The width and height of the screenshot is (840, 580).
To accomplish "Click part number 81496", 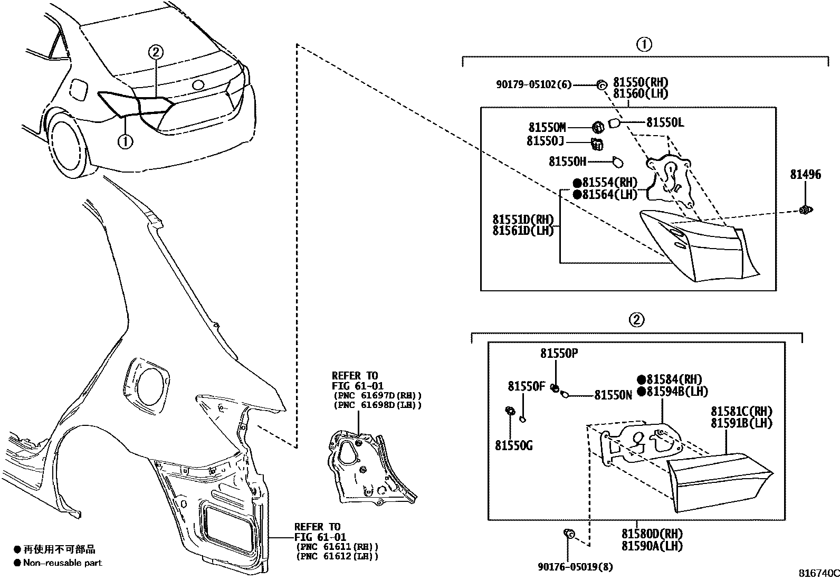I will (805, 174).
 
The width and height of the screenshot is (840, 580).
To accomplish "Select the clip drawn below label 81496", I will (805, 211).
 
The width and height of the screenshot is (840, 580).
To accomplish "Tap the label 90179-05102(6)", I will (533, 84).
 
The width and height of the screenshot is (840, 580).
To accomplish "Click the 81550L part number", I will (665, 122).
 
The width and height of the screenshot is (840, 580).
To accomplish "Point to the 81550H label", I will (567, 161).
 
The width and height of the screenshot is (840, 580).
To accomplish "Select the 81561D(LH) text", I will (523, 231).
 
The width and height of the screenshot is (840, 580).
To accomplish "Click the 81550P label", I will (559, 354).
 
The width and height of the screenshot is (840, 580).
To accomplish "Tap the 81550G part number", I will (513, 446).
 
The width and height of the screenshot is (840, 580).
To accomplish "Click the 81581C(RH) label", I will (741, 411).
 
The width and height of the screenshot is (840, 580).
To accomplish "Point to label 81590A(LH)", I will (652, 546).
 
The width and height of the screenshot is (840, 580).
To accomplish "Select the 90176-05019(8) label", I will (576, 567).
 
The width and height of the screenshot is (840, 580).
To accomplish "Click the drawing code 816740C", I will (818, 573).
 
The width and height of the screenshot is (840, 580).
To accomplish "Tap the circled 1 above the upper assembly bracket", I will (644, 45).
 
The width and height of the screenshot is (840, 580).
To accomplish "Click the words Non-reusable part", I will (62, 563).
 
